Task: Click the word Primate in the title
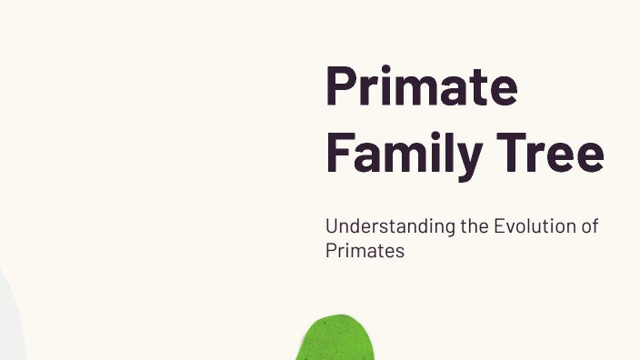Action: (x=421, y=87)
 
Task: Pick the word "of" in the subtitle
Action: (x=590, y=226)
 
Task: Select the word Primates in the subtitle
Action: (x=365, y=251)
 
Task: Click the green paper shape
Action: (x=337, y=340)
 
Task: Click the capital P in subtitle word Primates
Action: (x=331, y=251)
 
